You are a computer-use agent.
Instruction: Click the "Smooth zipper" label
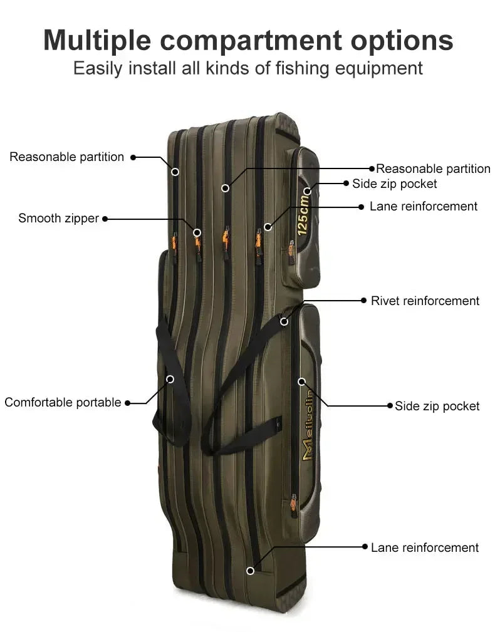(x=58, y=219)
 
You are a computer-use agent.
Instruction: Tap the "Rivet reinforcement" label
(x=425, y=301)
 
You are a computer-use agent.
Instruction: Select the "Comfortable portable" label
(x=63, y=402)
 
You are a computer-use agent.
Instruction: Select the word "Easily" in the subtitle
(x=98, y=68)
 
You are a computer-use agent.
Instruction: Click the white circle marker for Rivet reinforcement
(x=284, y=321)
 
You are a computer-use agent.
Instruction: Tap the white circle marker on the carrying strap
(x=170, y=379)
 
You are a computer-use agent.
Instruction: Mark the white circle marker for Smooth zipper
(x=197, y=232)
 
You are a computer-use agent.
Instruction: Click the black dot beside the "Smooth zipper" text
(x=105, y=219)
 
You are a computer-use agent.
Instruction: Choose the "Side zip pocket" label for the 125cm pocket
(x=395, y=184)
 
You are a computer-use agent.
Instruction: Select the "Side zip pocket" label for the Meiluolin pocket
(x=437, y=406)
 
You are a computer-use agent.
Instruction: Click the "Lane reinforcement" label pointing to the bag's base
(x=425, y=547)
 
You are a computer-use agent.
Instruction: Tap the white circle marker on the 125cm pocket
(x=307, y=190)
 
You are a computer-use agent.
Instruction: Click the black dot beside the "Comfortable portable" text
(x=127, y=403)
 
